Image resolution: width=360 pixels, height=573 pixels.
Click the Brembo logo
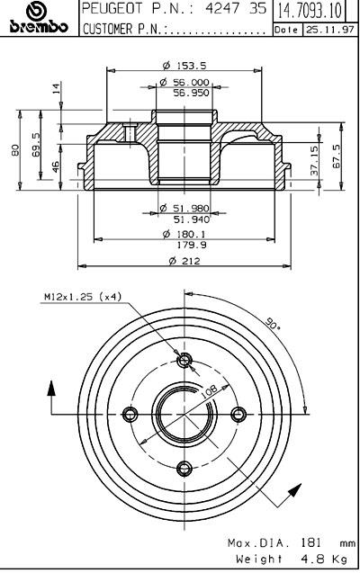click(39, 18)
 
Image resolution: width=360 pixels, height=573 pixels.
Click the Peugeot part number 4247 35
click(236, 9)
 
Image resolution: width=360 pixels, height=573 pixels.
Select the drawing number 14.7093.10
click(310, 11)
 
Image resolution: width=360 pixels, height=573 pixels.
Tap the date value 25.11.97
click(330, 30)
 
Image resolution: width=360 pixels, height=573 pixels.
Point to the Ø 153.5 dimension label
click(184, 66)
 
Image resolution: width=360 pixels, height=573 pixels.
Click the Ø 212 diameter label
click(184, 261)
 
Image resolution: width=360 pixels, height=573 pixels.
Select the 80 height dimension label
click(15, 150)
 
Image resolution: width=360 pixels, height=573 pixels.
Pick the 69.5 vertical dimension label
click(36, 145)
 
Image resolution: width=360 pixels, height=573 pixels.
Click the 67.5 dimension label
click(336, 157)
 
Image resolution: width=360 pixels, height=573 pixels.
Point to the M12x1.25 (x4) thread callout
click(83, 297)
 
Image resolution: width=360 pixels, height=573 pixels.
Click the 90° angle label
click(273, 324)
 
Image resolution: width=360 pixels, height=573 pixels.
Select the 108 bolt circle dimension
click(210, 391)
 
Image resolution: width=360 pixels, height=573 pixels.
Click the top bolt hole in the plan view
click(184, 361)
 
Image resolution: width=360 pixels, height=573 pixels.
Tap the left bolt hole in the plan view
click(130, 414)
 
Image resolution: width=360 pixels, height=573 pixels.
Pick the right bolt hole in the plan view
click(238, 414)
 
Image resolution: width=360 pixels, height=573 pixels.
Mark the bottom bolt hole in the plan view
click(184, 468)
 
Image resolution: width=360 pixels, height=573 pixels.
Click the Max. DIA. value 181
click(311, 543)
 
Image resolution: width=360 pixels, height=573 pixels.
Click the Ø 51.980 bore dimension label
click(184, 209)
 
